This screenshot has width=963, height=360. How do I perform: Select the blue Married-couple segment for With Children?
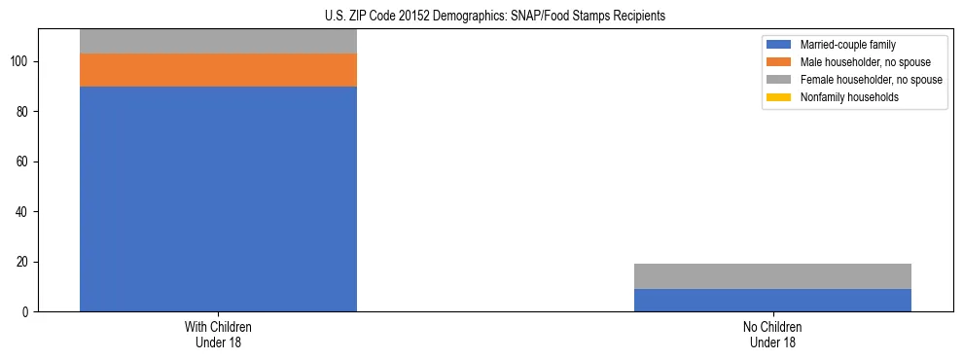(218, 198)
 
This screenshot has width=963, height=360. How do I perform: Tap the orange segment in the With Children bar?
(218, 70)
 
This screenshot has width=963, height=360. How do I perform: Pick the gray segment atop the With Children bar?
(218, 41)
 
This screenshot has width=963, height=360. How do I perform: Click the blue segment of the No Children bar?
(772, 300)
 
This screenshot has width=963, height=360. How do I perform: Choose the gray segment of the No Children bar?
(772, 276)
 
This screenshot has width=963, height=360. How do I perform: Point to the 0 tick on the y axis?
(27, 312)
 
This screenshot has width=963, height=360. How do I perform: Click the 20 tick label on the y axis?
(24, 262)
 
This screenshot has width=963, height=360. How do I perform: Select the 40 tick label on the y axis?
(24, 212)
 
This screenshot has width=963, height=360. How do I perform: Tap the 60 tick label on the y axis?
(24, 162)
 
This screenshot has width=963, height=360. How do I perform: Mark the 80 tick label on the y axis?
(24, 112)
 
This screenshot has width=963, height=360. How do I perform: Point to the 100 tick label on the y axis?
(21, 61)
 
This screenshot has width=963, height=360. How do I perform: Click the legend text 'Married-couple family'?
(848, 45)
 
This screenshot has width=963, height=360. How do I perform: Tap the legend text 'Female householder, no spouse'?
(871, 80)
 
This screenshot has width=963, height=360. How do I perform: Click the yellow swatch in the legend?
(779, 97)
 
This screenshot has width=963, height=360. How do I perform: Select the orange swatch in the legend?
(779, 62)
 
